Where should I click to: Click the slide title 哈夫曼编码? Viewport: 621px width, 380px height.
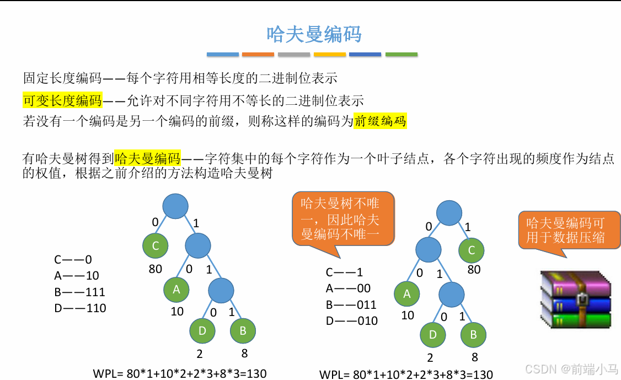pyautogui.click(x=314, y=34)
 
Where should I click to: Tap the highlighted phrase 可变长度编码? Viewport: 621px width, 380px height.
pyautogui.click(x=62, y=100)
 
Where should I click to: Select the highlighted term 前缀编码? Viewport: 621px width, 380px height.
pyautogui.click(x=380, y=121)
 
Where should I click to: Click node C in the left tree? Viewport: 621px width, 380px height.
pyautogui.click(x=156, y=246)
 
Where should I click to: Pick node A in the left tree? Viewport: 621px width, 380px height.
pyautogui.click(x=176, y=289)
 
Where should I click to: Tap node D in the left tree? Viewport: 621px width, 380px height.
pyautogui.click(x=202, y=331)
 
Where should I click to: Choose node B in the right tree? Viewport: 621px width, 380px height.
pyautogui.click(x=473, y=335)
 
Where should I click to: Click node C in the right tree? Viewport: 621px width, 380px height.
pyautogui.click(x=472, y=250)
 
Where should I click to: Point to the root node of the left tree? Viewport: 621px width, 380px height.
pyautogui.click(x=176, y=206)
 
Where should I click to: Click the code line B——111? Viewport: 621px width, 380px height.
pyautogui.click(x=79, y=292)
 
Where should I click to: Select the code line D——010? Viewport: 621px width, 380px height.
pyautogui.click(x=352, y=320)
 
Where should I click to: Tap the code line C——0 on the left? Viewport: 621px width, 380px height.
pyautogui.click(x=73, y=259)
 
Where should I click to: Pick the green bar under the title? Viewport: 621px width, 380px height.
pyautogui.click(x=401, y=55)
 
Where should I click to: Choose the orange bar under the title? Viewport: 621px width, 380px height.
pyautogui.click(x=258, y=55)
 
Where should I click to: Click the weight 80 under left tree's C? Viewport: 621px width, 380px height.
pyautogui.click(x=156, y=269)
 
